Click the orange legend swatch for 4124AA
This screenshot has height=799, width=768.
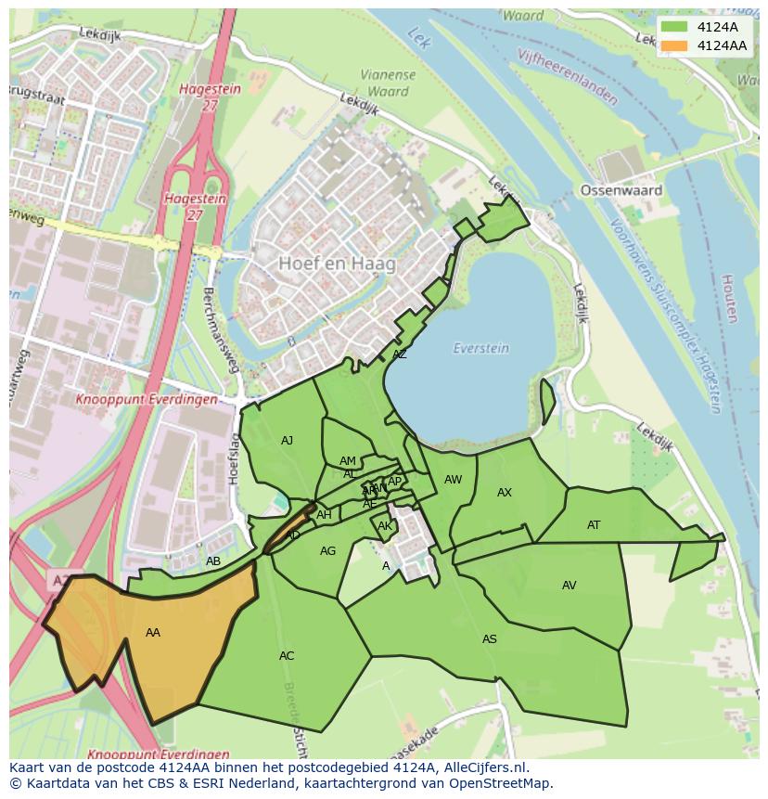pos(675,45)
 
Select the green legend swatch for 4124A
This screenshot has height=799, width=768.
pos(675,27)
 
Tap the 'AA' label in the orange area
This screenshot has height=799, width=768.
pos(153,633)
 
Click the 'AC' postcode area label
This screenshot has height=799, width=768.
pos(287,656)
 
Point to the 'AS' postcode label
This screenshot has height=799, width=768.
pos(489,639)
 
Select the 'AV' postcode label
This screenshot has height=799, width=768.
pos(569,586)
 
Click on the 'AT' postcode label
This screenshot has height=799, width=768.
pos(594,525)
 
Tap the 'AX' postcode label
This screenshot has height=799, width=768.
pos(505,493)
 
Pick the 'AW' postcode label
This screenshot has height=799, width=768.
pos(453,480)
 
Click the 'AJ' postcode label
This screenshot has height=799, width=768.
pos(287,441)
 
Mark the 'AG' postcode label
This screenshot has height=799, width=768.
pos(327,551)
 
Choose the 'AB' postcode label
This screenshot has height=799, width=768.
pos(213,561)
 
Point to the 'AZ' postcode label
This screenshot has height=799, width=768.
pos(399,354)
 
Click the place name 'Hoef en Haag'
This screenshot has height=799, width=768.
pos(337,264)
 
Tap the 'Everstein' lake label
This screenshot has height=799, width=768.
pos(480,348)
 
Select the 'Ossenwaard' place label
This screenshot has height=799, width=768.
pos(621,190)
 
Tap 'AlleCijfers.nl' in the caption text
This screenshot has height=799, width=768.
pos(482,767)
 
